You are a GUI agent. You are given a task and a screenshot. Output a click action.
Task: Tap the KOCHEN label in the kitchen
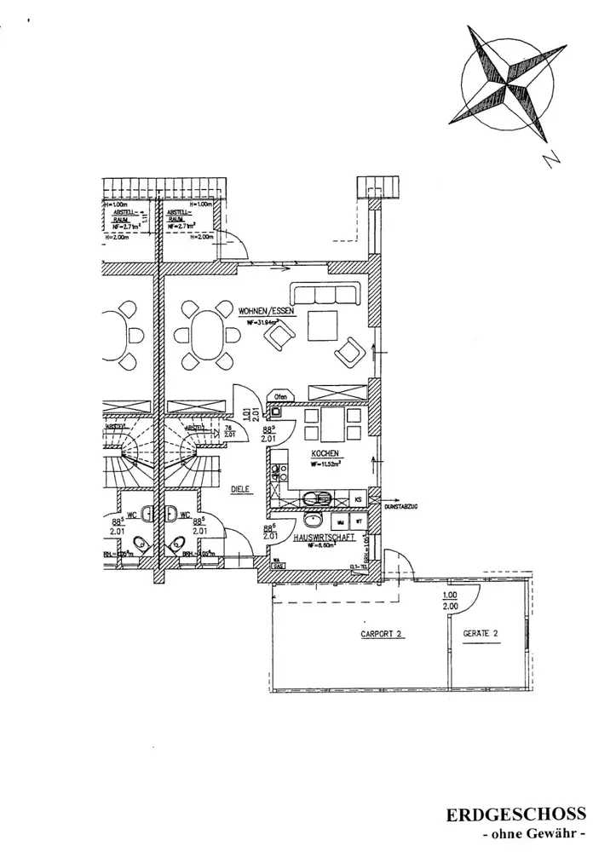[x=326, y=453]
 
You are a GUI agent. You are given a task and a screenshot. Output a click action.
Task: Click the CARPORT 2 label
[x=382, y=634]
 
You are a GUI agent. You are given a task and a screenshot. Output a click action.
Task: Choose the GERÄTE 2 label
[x=479, y=634]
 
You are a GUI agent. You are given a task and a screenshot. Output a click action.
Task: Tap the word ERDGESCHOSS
[x=517, y=814]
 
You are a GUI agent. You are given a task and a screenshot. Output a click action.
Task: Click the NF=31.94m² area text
[x=264, y=322]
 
